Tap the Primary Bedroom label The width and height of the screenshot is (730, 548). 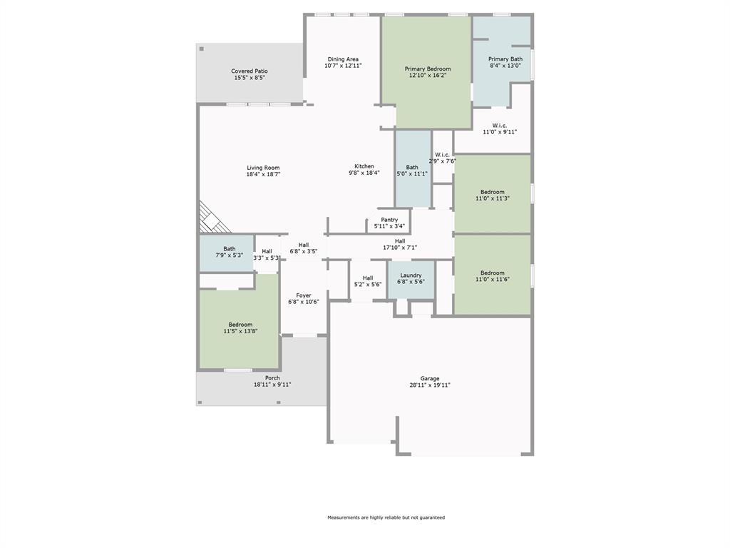[428, 68]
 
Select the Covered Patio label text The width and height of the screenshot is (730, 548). [250, 71]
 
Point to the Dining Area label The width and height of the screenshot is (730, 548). [343, 59]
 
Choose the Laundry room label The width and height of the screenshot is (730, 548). [411, 275]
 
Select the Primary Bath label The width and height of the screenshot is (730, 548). [505, 59]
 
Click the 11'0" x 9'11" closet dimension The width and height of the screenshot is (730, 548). [499, 132]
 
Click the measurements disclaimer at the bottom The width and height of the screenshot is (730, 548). [386, 517]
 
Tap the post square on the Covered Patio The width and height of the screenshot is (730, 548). [202, 49]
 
